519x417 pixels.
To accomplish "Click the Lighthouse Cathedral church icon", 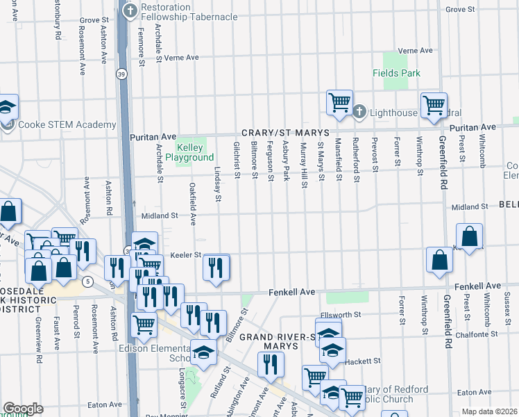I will click(359, 111).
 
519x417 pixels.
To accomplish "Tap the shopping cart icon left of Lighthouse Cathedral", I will click(339, 103).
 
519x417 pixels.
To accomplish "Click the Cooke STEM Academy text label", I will click(67, 125).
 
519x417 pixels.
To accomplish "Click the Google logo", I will click(23, 408).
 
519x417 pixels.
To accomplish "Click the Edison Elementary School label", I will click(170, 353).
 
